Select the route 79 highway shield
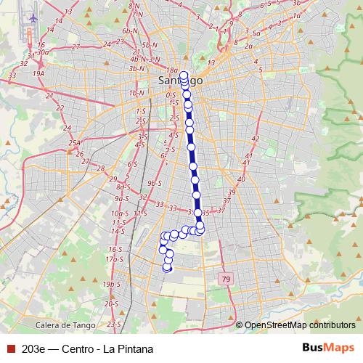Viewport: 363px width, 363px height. [x=227, y=279]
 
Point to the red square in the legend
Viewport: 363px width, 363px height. [x=9, y=349]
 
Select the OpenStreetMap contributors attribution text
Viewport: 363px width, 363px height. [x=299, y=325]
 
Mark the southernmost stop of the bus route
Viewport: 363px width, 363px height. [x=167, y=268]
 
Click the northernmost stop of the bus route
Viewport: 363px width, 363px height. [x=184, y=74]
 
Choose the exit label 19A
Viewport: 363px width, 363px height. [x=38, y=73]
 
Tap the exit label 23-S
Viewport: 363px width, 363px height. [x=113, y=324]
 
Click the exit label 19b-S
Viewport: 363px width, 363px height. [x=110, y=283]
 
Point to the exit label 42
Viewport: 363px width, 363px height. [x=255, y=138]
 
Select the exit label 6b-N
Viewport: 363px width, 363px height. [x=130, y=31]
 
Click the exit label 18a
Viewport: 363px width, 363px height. [x=171, y=70]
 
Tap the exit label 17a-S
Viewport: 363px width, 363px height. [x=112, y=258]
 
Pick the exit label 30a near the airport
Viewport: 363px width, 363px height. [x=42, y=52]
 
